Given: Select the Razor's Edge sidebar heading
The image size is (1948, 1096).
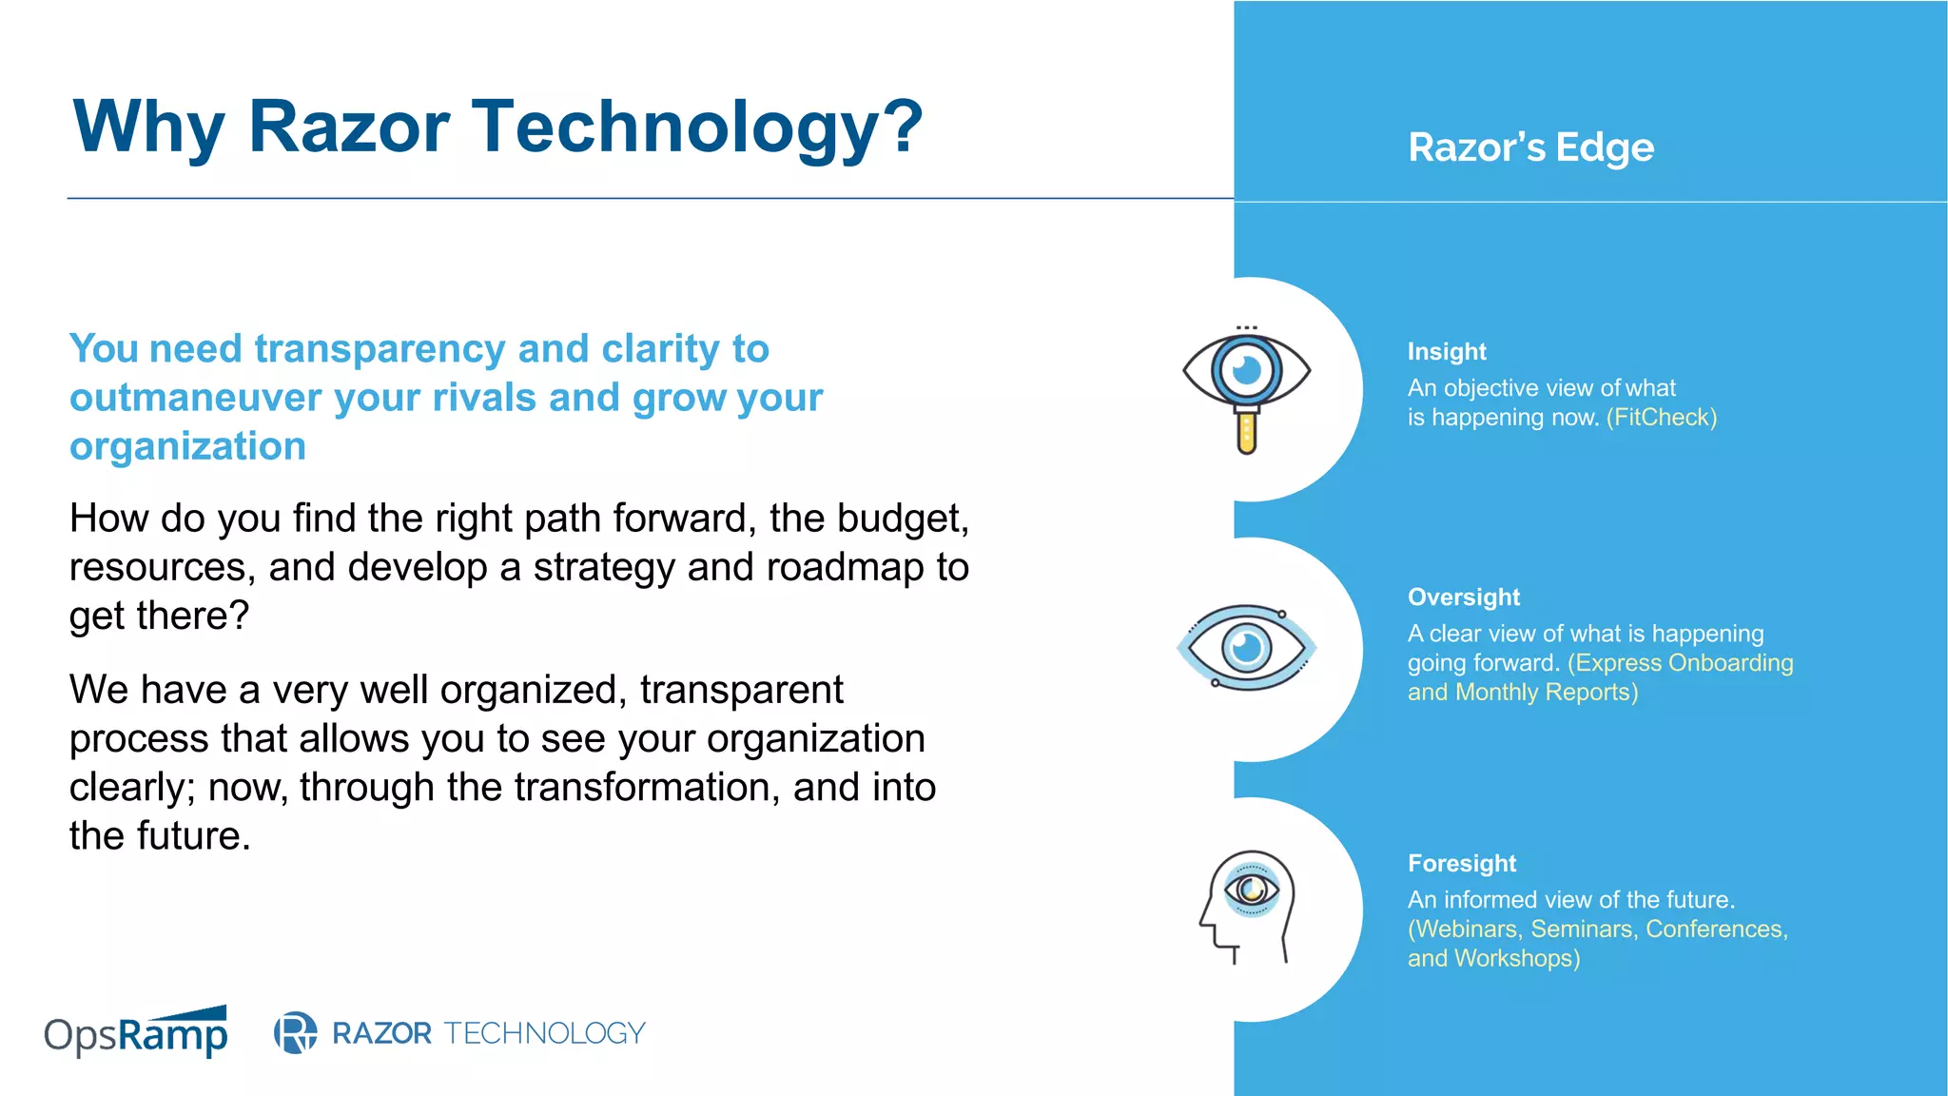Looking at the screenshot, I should (1530, 147).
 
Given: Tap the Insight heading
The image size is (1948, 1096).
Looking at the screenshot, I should (1446, 351).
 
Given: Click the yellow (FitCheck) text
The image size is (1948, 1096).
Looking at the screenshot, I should (1661, 417).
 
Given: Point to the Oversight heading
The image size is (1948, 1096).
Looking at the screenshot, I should (1463, 597).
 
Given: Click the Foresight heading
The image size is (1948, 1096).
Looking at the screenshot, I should (1461, 863).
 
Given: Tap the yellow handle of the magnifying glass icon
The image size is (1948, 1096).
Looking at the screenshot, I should (1247, 433).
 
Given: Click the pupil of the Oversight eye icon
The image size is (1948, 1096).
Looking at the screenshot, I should (1246, 648).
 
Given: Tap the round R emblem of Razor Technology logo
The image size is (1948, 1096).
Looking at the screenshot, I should (295, 1032).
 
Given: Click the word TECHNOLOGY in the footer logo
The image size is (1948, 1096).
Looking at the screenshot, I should (544, 1032).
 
